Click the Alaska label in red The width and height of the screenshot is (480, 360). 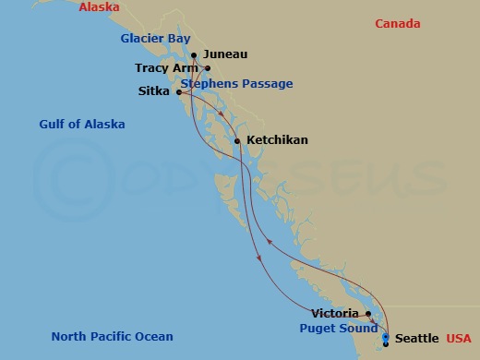(99, 6)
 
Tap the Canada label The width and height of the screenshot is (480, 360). (398, 24)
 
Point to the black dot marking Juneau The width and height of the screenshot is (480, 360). (194, 54)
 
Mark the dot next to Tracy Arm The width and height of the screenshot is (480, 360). (209, 68)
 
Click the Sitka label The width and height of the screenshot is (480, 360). (153, 91)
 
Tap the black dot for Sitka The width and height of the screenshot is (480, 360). (178, 91)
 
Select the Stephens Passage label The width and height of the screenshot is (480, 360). (237, 84)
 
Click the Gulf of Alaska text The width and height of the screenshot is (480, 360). (82, 124)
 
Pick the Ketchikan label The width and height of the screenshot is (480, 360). (278, 140)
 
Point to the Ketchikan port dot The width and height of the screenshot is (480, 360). (237, 140)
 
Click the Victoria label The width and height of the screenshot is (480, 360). (335, 314)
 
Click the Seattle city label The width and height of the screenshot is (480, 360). (417, 340)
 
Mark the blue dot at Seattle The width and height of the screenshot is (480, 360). (385, 338)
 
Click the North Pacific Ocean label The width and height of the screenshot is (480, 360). (112, 336)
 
